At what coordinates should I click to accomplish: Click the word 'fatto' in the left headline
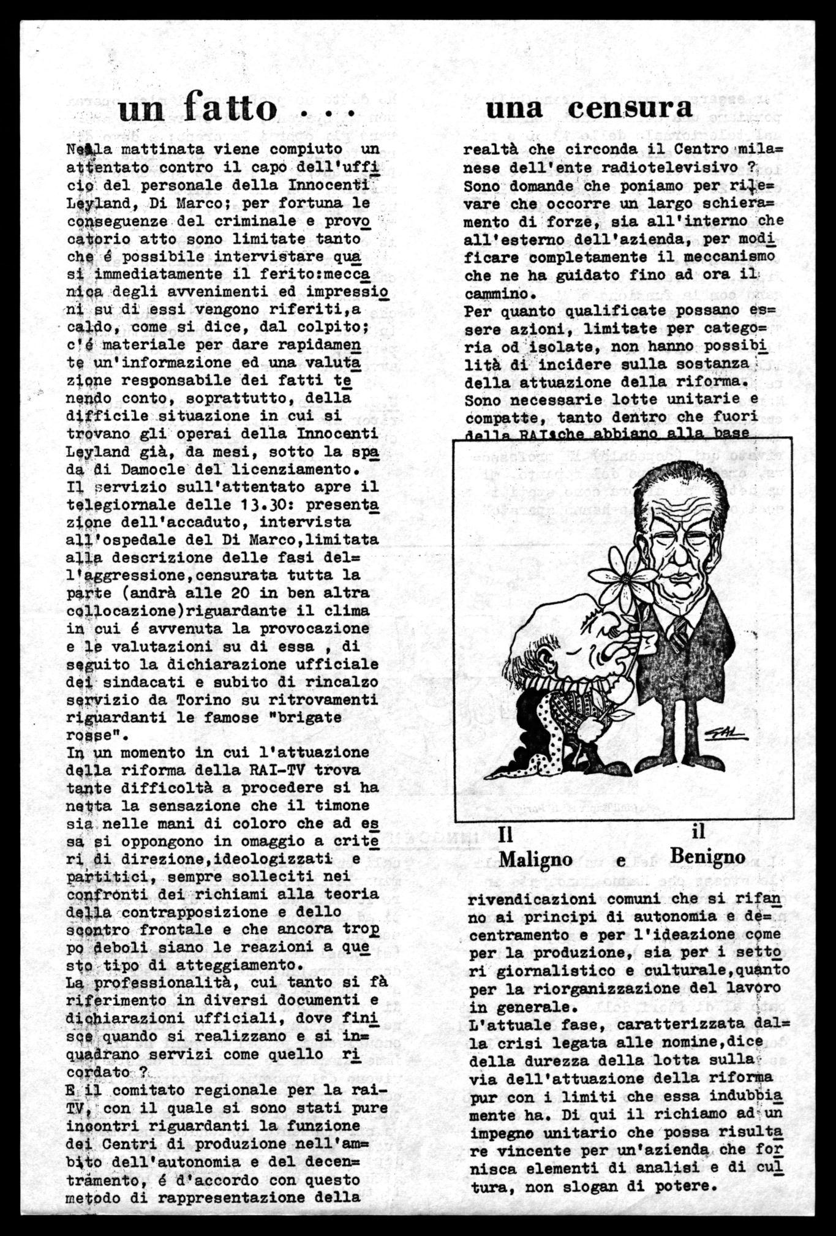click(x=232, y=109)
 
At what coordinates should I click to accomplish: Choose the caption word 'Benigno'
click(x=708, y=856)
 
